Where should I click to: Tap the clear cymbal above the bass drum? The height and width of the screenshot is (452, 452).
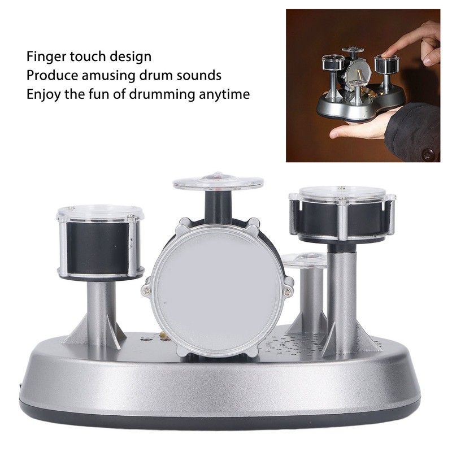[x=218, y=182]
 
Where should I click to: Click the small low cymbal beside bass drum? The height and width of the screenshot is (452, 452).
[x=304, y=260]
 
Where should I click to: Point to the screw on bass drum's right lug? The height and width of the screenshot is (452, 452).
[x=288, y=292]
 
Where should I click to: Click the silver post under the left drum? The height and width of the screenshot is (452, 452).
[x=102, y=308]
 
